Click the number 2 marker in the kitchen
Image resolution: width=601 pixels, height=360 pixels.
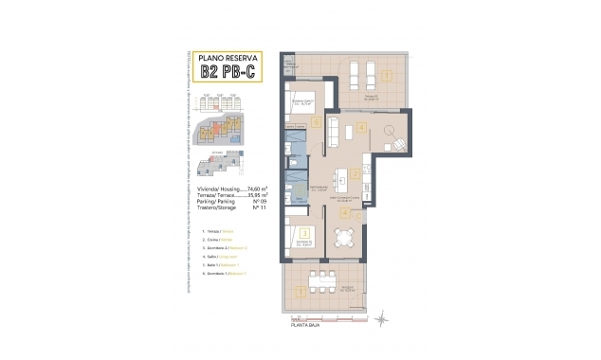coord(353,173)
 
